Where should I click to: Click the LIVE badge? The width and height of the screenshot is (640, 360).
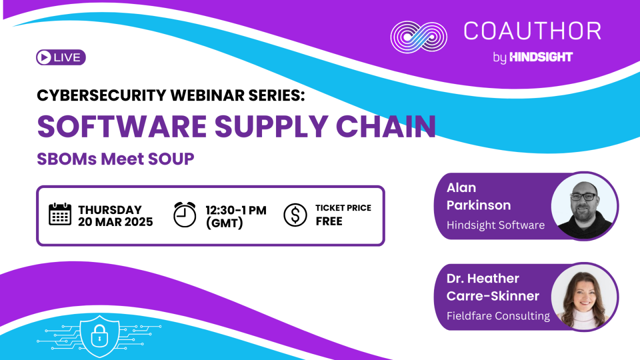(61, 57)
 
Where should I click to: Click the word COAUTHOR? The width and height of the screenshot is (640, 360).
(532, 31)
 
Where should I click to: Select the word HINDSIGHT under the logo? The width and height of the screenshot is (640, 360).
(541, 57)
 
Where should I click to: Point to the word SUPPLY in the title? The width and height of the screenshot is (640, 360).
(271, 126)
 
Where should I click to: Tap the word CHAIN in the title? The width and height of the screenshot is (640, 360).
(385, 126)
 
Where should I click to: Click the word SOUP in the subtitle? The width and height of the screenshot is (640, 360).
(171, 159)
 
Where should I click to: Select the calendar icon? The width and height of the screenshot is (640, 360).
(60, 214)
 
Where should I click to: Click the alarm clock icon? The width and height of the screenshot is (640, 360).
(184, 214)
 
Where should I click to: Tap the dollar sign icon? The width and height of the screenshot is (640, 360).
(295, 215)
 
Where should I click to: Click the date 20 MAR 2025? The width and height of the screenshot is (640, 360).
(115, 222)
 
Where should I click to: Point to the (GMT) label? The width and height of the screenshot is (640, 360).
(224, 223)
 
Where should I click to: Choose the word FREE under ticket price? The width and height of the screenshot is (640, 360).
(329, 221)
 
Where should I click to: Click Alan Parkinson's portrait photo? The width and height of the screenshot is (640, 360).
(584, 206)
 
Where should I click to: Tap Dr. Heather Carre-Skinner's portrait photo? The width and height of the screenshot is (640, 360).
(584, 297)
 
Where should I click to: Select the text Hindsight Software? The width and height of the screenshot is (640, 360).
(495, 225)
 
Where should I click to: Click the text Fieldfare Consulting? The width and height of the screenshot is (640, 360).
(498, 316)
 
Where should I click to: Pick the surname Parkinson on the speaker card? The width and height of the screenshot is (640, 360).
(478, 205)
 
